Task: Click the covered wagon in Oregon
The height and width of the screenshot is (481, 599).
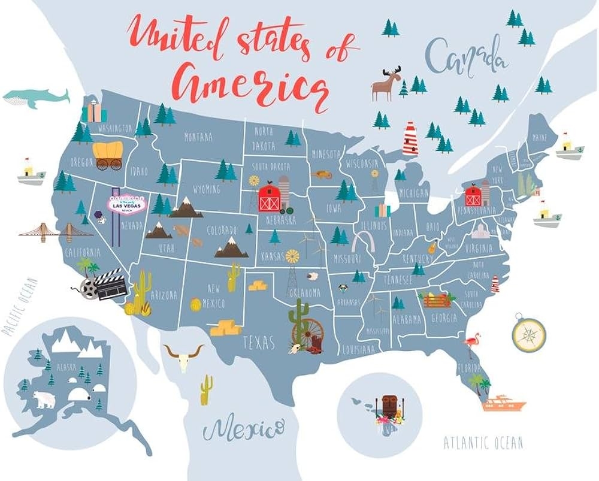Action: [x=109, y=155]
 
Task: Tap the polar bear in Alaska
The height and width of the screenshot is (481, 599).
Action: [x=44, y=399]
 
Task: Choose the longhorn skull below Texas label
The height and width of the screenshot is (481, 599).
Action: [x=183, y=356]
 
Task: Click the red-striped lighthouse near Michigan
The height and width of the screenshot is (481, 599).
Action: [x=410, y=139]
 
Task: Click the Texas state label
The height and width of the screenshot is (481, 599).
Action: [x=258, y=343]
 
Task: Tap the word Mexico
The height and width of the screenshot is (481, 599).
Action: [x=242, y=429]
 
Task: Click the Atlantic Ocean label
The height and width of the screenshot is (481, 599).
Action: [x=483, y=443]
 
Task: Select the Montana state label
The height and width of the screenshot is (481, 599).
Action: [x=198, y=137]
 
